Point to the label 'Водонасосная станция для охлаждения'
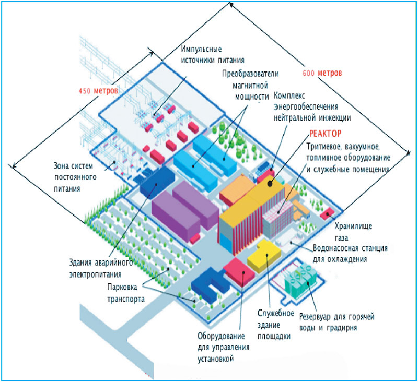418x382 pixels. [350, 253]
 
